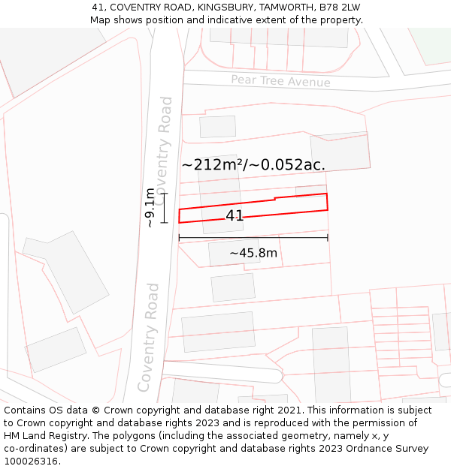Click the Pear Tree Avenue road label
click(280, 81)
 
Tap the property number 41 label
click(235, 216)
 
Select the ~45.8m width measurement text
click(253, 254)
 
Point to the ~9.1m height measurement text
click(150, 208)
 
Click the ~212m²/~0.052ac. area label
click(253, 164)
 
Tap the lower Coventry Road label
click(148, 337)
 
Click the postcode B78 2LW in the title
click(339, 8)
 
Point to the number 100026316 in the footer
click(31, 461)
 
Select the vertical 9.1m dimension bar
click(164, 208)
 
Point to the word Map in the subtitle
click(101, 20)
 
